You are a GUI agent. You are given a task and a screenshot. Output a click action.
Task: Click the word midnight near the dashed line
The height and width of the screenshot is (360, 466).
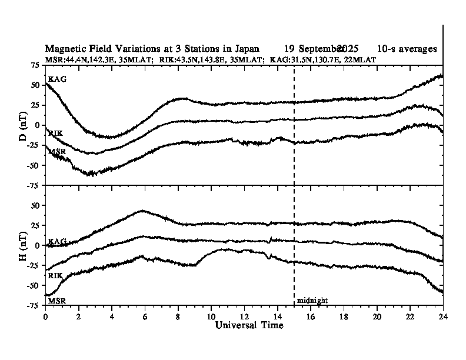[312, 301]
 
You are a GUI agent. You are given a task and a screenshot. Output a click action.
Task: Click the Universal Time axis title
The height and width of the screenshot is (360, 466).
[244, 325]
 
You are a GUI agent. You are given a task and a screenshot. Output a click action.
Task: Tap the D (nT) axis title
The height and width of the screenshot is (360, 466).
[23, 125]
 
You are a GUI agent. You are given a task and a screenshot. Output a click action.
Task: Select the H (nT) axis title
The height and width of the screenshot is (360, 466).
[23, 246]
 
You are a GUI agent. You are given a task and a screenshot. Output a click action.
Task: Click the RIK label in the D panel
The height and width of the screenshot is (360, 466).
[56, 134]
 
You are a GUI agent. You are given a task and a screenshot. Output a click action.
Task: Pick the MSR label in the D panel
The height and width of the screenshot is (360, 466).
[56, 152]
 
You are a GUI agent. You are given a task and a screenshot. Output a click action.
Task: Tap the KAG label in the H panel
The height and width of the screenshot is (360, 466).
[56, 242]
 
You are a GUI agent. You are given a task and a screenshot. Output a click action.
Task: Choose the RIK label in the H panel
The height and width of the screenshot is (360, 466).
[56, 275]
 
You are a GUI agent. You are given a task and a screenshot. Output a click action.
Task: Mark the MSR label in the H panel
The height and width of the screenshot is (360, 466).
[56, 301]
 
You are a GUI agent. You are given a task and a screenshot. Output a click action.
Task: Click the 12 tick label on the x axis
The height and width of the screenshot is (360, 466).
[244, 316]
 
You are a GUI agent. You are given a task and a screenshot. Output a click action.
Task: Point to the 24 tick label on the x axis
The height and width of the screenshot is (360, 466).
[442, 316]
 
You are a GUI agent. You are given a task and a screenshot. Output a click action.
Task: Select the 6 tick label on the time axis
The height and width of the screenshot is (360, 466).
[145, 316]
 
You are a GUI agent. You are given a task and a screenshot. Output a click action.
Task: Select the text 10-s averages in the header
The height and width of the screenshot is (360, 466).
[407, 49]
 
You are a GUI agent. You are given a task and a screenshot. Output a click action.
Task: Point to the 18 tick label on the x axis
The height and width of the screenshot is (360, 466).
[344, 316]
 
